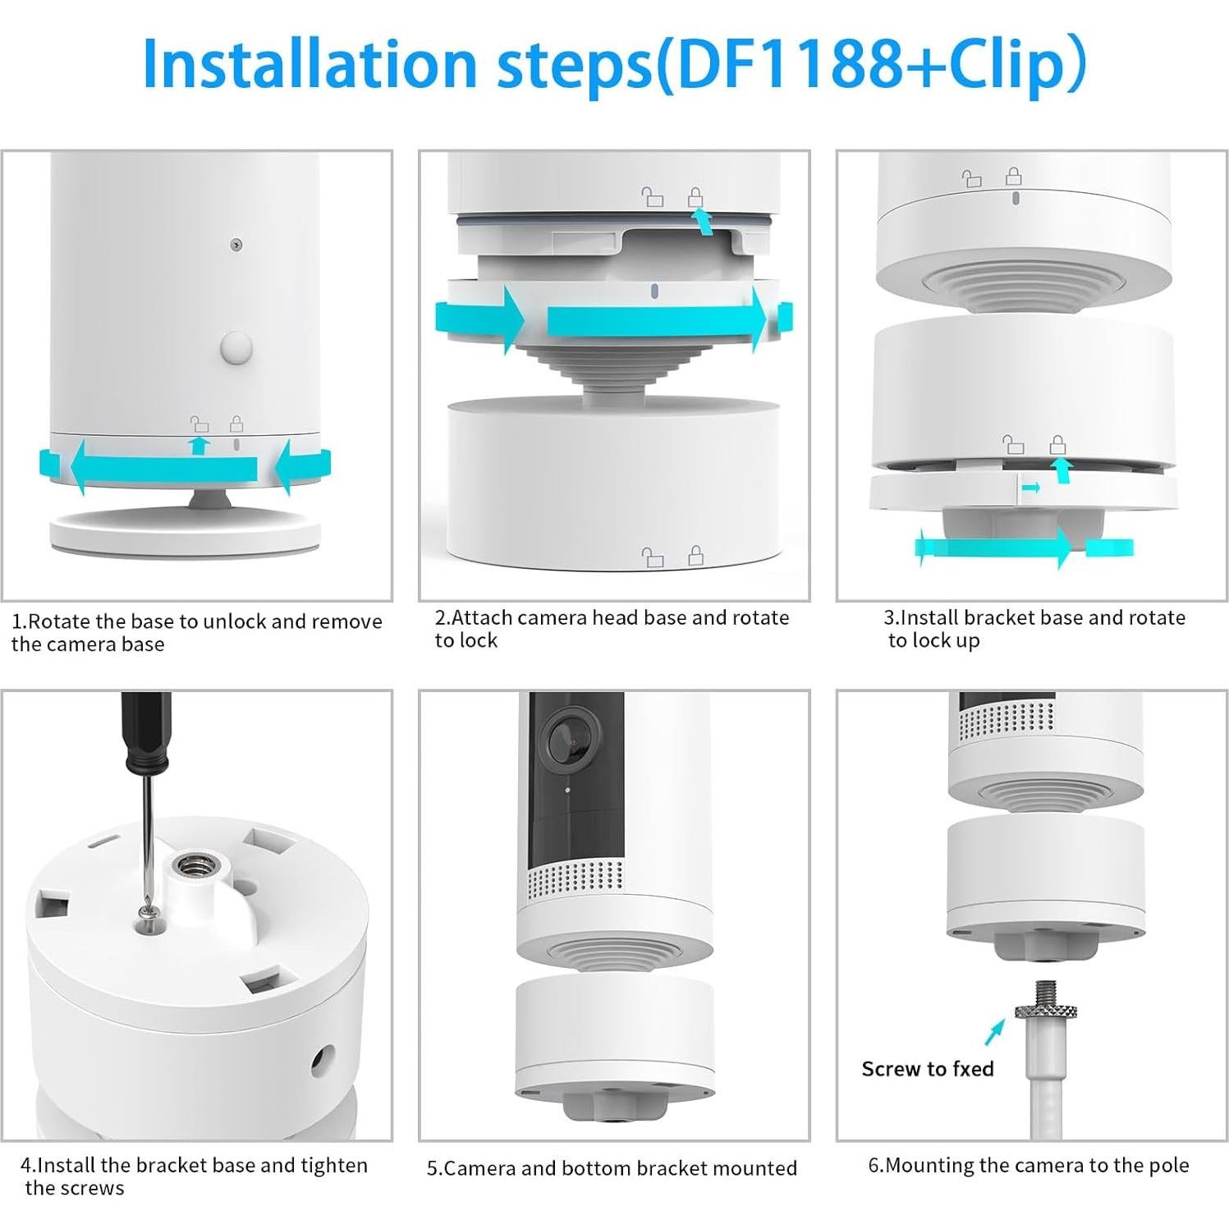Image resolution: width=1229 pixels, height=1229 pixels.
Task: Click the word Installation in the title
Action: [x=309, y=64]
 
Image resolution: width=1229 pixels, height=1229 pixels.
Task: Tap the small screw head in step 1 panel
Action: [x=236, y=244]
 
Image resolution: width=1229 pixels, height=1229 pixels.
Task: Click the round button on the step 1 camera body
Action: [x=236, y=347]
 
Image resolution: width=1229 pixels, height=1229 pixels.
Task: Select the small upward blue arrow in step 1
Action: [x=199, y=445]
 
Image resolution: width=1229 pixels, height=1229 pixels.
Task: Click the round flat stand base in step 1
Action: [x=185, y=534]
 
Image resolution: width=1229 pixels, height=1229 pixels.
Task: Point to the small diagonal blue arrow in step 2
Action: [x=702, y=220]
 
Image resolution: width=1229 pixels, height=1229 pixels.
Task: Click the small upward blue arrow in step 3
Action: [x=1062, y=469]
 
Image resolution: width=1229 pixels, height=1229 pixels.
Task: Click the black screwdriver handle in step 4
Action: [x=146, y=731]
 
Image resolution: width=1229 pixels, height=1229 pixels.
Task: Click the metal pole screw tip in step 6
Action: [x=1046, y=993]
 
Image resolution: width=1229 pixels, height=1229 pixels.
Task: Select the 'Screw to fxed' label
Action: [x=927, y=1068]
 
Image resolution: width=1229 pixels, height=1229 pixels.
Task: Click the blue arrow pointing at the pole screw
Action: [x=994, y=1031]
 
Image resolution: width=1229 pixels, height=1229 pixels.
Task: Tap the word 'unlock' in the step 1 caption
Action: [x=234, y=621]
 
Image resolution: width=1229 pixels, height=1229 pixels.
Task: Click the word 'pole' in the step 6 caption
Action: [x=1167, y=1165]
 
